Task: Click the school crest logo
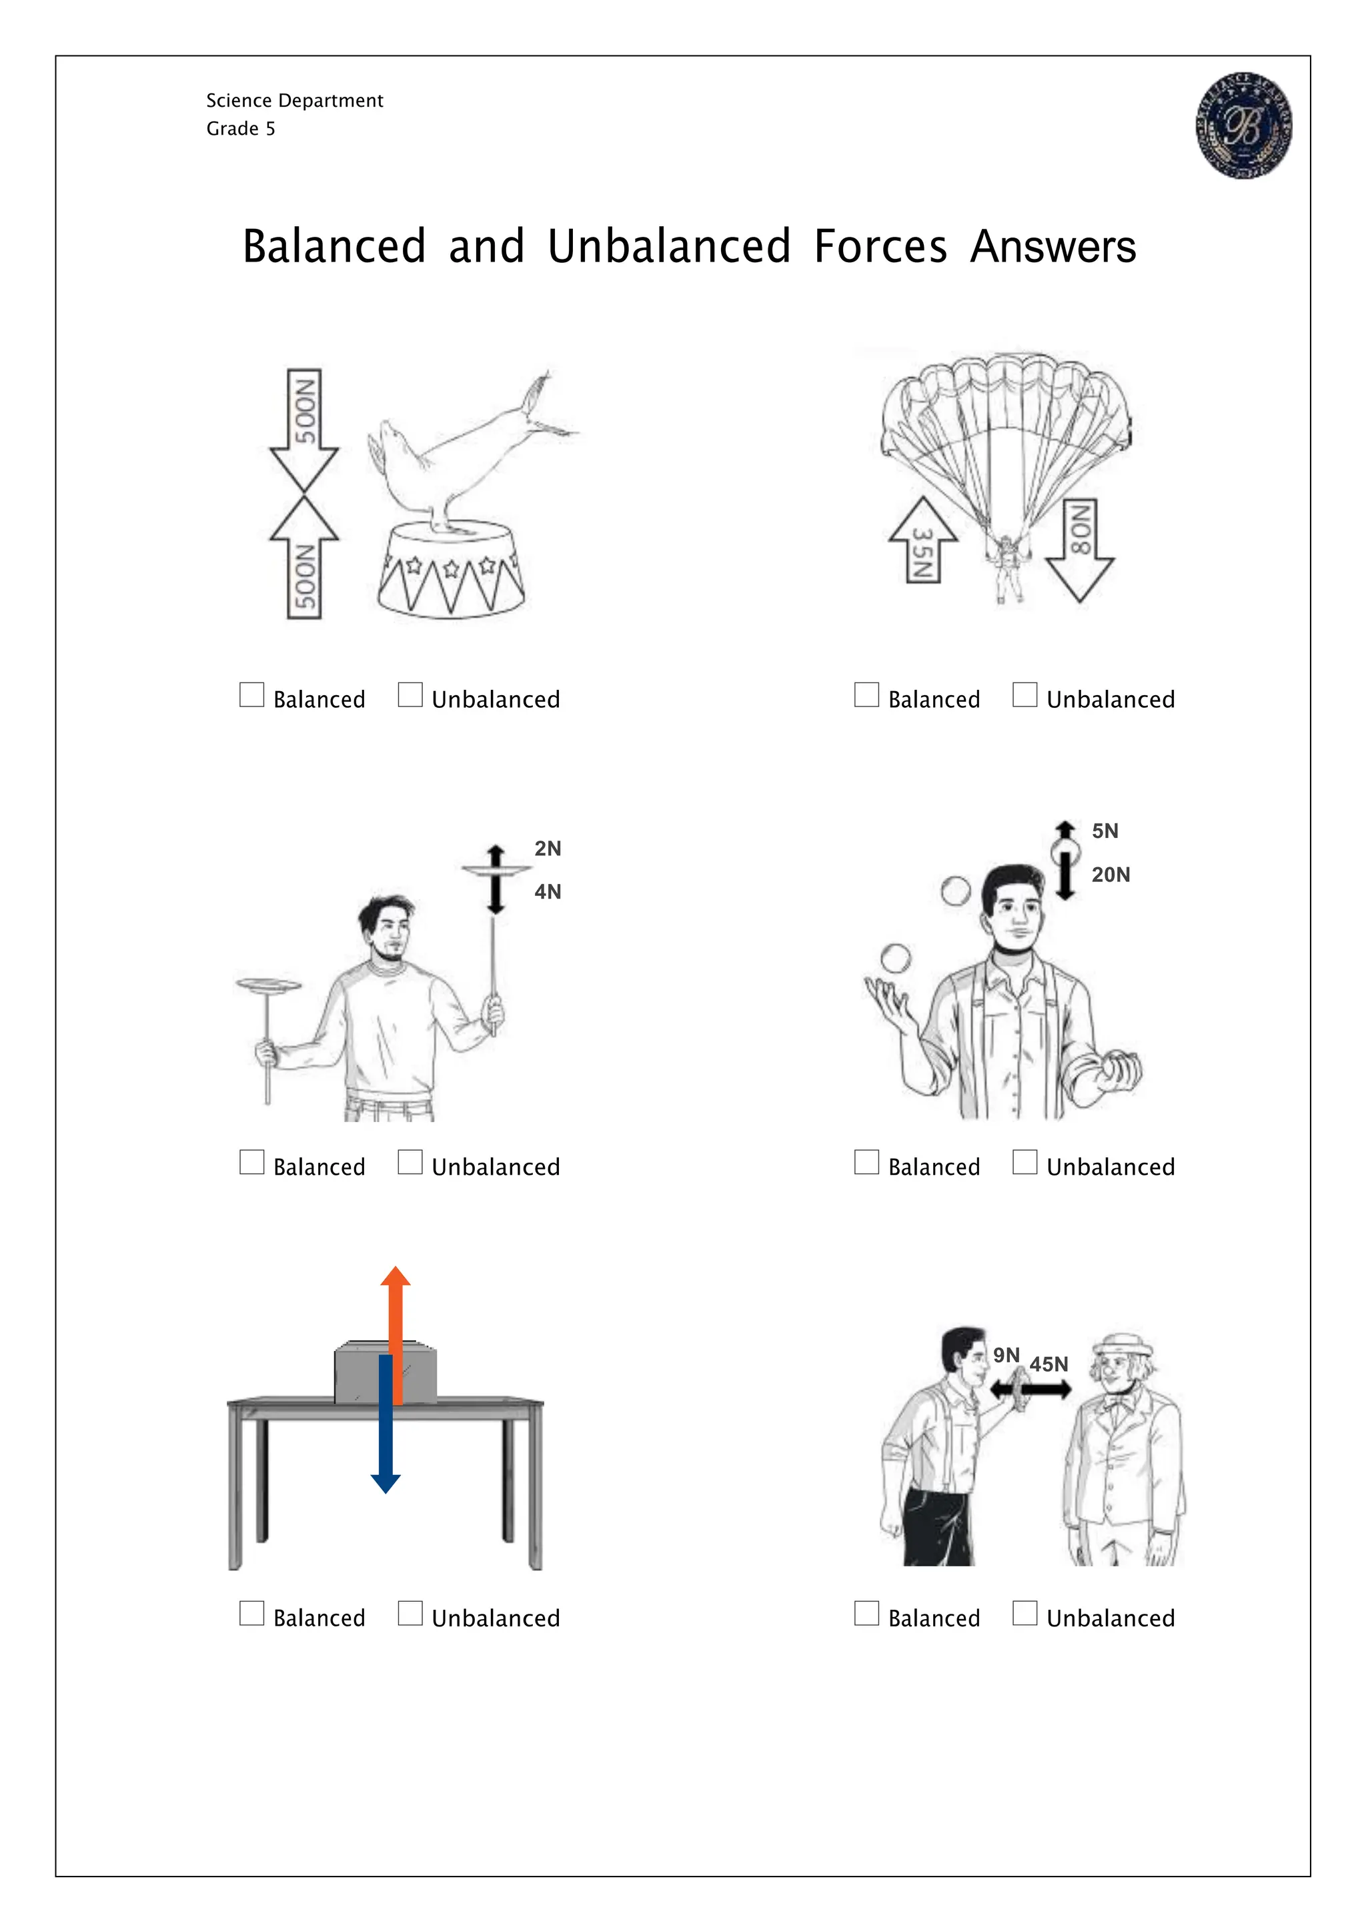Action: (1244, 125)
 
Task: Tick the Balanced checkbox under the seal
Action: (251, 695)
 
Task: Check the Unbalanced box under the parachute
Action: (1024, 695)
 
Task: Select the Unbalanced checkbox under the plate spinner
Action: (410, 1162)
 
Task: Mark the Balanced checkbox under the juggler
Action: (866, 1162)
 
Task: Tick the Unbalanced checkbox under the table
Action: (410, 1613)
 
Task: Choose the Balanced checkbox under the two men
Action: (866, 1613)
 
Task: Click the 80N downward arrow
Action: (1080, 551)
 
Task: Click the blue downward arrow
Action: (386, 1424)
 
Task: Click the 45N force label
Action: (1049, 1364)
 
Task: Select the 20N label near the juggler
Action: (1111, 875)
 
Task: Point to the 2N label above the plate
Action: (548, 848)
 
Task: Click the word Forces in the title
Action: (880, 247)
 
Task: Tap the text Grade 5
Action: (241, 129)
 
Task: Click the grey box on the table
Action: (386, 1372)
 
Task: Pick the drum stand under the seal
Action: (451, 570)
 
